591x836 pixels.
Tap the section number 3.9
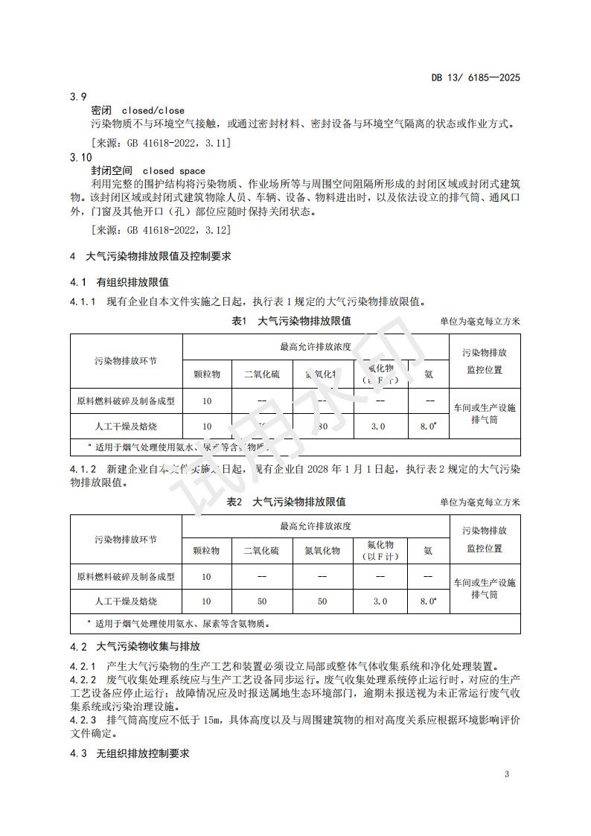pyautogui.click(x=78, y=97)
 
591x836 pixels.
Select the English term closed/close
pyautogui.click(x=153, y=110)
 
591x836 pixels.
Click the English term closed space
pyautogui.click(x=174, y=170)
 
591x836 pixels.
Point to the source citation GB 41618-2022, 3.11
pyautogui.click(x=160, y=141)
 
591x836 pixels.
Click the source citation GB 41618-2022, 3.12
pyautogui.click(x=160, y=230)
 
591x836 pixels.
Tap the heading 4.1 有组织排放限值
pyautogui.click(x=119, y=282)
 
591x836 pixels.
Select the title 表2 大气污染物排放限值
pyautogui.click(x=287, y=502)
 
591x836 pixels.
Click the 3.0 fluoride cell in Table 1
pyautogui.click(x=378, y=427)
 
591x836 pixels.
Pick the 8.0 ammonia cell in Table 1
pyautogui.click(x=428, y=427)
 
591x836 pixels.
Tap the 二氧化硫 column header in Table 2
pyautogui.click(x=261, y=551)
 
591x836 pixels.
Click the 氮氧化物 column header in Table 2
pyautogui.click(x=322, y=551)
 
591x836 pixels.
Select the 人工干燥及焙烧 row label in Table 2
pyautogui.click(x=126, y=601)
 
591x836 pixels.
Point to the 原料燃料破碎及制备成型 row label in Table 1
pyautogui.click(x=126, y=401)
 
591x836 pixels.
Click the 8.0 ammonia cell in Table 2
pyautogui.click(x=428, y=601)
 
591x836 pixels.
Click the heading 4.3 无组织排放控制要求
pyautogui.click(x=130, y=753)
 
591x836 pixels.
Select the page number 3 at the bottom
pyautogui.click(x=506, y=774)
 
